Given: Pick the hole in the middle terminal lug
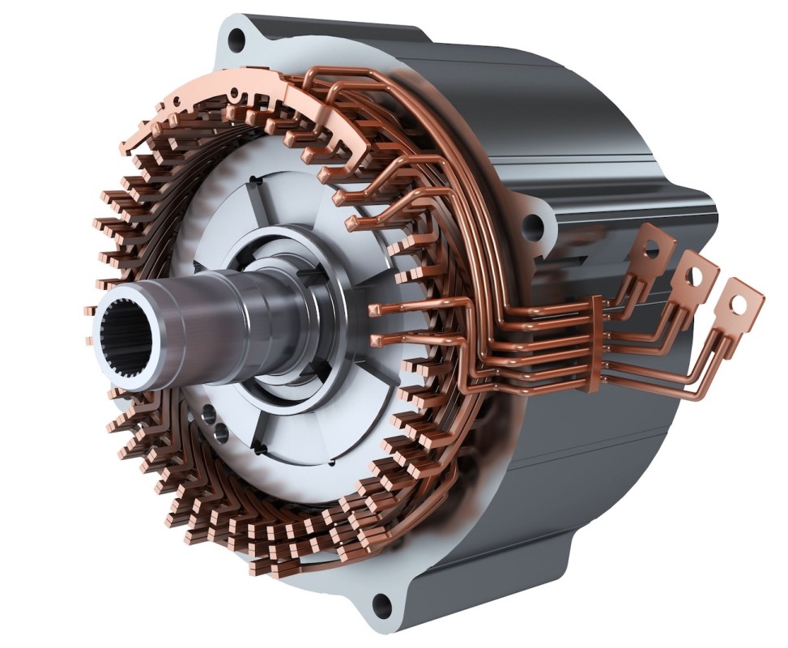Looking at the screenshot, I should (694, 275).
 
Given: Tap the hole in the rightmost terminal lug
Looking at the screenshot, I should (737, 305).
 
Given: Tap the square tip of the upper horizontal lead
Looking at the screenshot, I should (374, 309).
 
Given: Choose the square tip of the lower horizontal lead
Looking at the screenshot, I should (374, 339).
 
